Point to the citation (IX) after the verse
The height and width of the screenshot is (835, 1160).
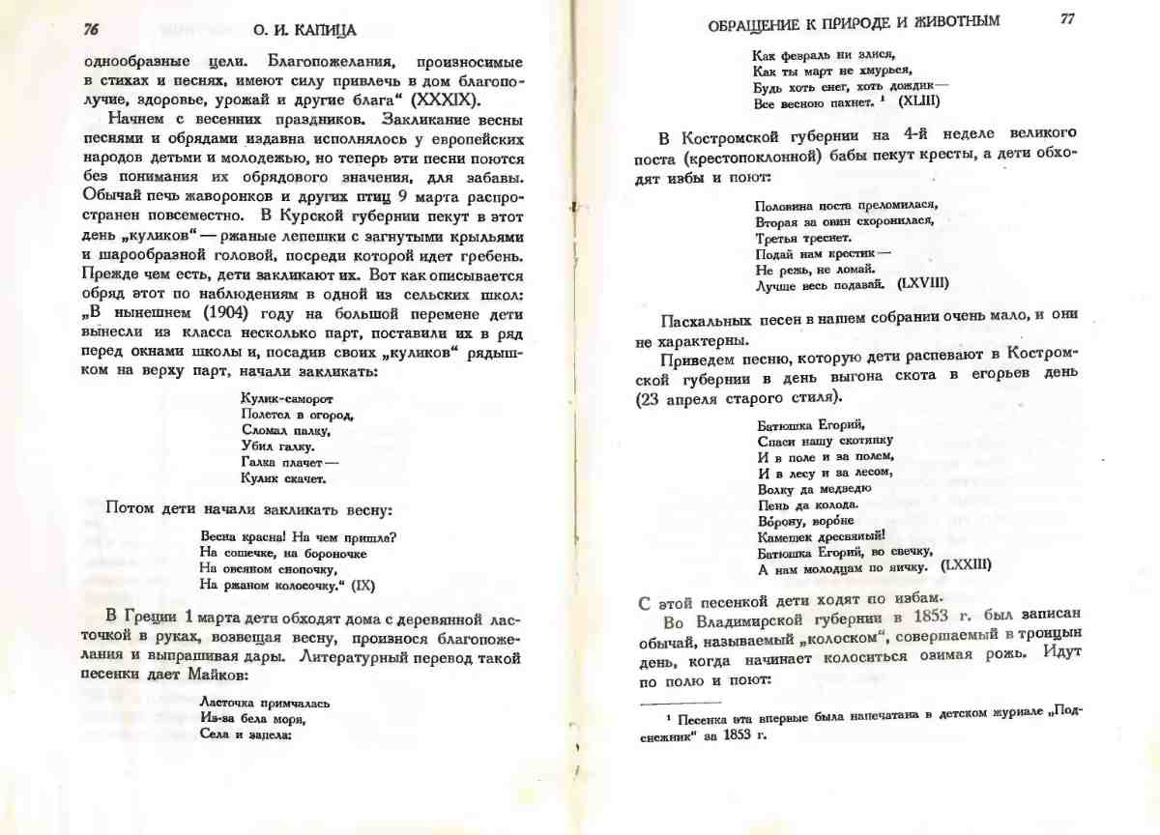click(x=362, y=585)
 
